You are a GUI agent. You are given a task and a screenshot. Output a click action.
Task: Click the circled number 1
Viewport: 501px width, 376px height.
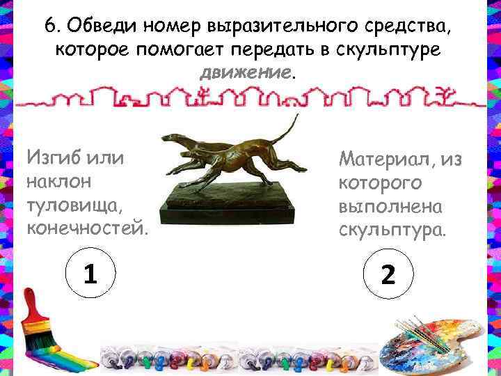(89, 276)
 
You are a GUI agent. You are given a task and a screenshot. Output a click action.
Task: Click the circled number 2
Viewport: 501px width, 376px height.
(388, 276)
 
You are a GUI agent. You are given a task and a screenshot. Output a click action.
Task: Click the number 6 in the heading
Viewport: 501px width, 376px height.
(50, 26)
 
